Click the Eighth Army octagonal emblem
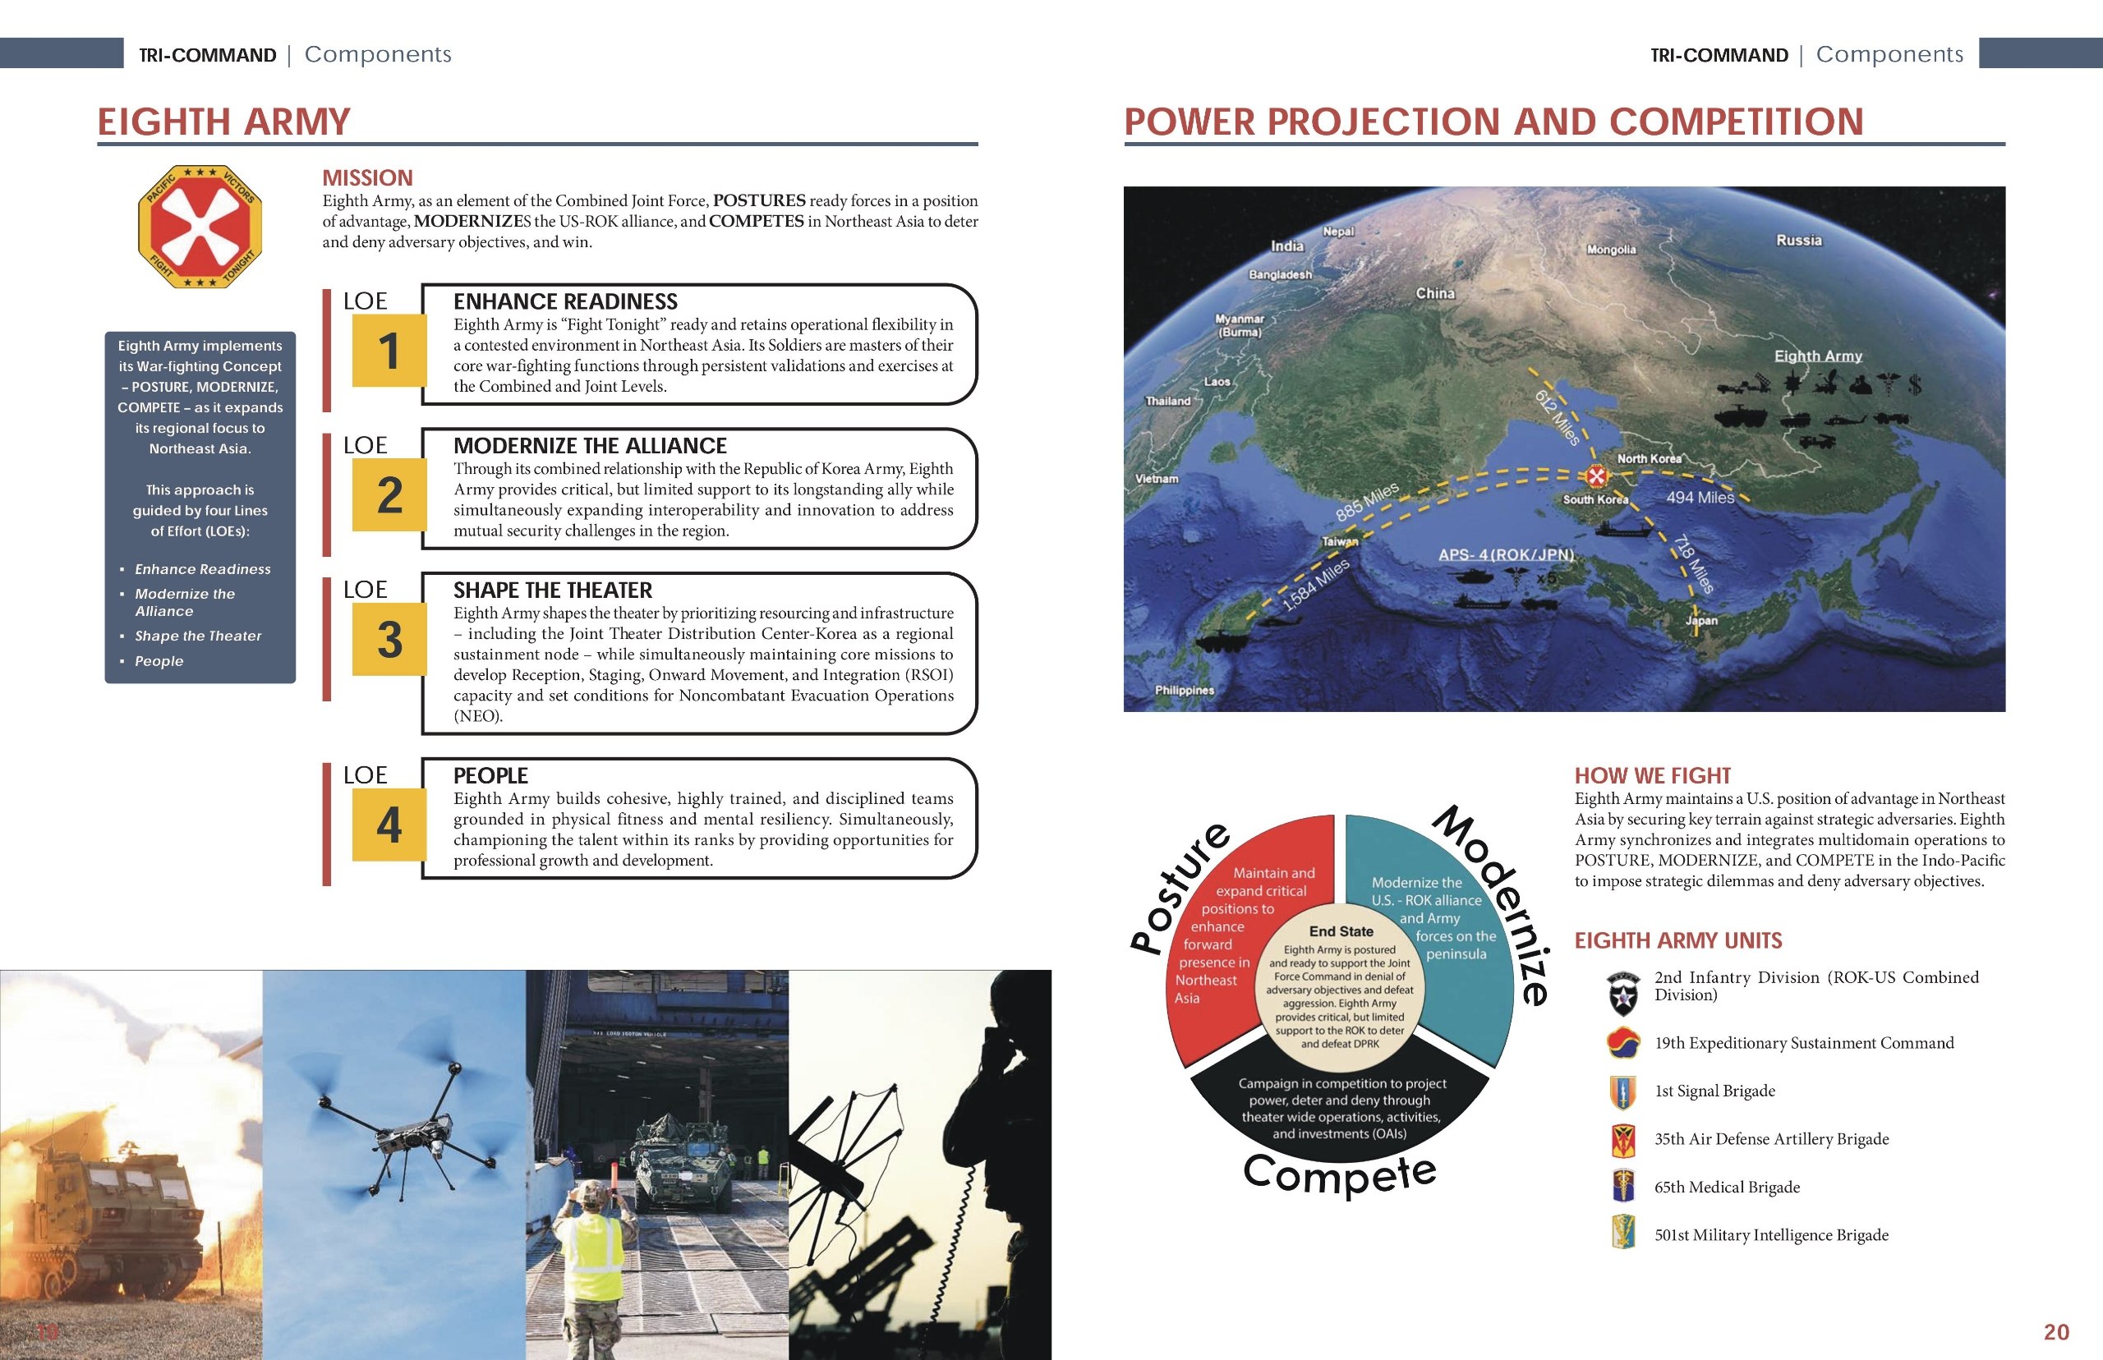200,226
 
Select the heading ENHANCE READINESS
565,302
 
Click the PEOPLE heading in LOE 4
490,775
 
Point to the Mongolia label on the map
1611,250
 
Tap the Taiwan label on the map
1339,541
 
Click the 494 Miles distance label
1700,498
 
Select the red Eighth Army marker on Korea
1596,477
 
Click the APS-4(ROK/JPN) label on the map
1506,554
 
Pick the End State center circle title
1341,931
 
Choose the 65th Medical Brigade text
1727,1187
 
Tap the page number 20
2056,1332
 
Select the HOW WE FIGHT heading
1652,775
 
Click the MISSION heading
367,177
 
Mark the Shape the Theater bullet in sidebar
198,636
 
